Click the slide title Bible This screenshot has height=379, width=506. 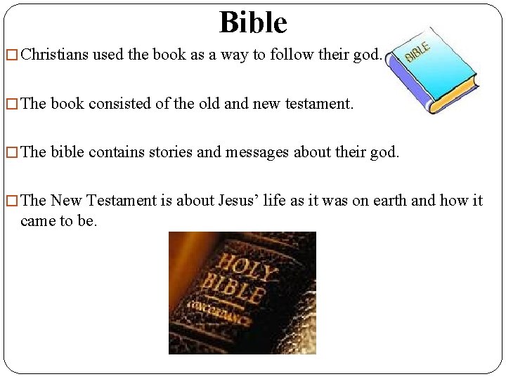click(x=253, y=22)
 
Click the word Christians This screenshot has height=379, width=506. click(x=55, y=55)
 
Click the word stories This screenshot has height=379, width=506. click(x=167, y=152)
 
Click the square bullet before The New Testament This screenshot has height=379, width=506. click(x=11, y=201)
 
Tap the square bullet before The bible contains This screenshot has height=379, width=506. click(x=11, y=153)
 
